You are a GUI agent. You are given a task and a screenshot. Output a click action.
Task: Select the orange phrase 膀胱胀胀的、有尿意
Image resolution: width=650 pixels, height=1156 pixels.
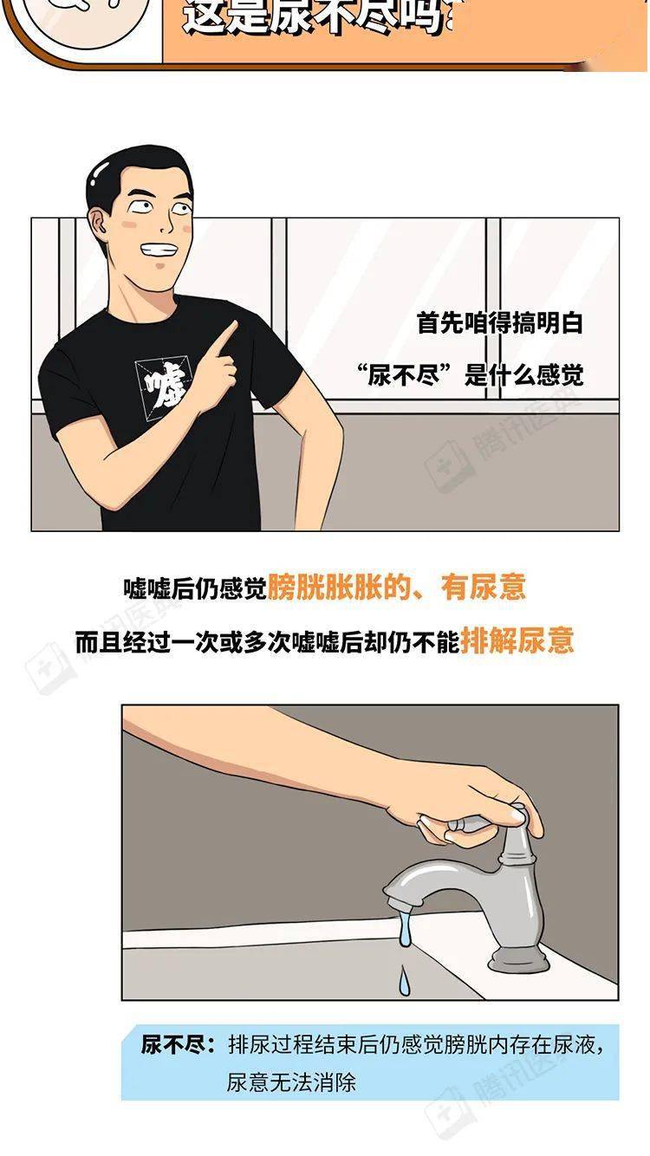[396, 588]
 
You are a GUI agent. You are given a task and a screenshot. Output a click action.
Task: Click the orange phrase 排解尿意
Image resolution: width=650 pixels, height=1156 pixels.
[517, 640]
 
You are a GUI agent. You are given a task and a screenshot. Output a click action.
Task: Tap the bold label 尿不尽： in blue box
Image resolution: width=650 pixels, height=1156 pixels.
[177, 1044]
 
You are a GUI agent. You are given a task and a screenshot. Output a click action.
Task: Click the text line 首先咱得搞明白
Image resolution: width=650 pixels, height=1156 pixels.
[500, 324]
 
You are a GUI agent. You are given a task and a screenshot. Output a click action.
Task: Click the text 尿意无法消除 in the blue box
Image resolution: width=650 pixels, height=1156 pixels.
[291, 1081]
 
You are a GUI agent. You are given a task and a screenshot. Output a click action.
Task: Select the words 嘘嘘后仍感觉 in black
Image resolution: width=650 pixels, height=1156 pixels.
[194, 589]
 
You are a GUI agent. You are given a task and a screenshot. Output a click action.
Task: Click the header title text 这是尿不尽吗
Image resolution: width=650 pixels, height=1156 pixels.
[312, 17]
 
